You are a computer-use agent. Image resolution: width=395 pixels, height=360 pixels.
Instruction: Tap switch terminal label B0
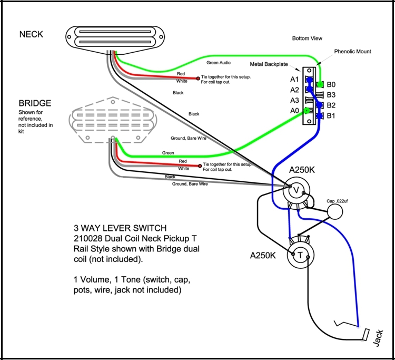click(331, 84)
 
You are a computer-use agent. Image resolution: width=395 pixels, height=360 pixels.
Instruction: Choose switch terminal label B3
click(331, 94)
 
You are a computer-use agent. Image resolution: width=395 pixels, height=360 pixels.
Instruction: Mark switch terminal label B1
click(331, 115)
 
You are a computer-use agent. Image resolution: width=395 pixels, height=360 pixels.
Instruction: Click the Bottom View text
click(307, 38)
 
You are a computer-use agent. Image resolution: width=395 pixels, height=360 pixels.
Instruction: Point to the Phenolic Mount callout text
click(352, 52)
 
